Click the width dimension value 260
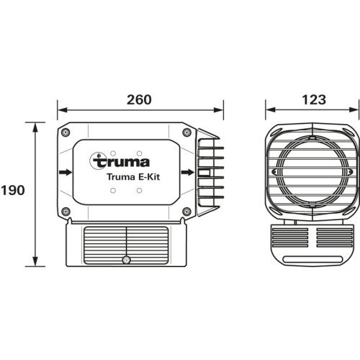pos(138,99)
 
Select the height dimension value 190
pos(13,191)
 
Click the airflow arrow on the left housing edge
pos(66,173)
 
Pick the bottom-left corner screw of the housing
pos(66,211)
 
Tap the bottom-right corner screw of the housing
pos(186,211)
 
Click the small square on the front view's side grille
pos(204,173)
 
